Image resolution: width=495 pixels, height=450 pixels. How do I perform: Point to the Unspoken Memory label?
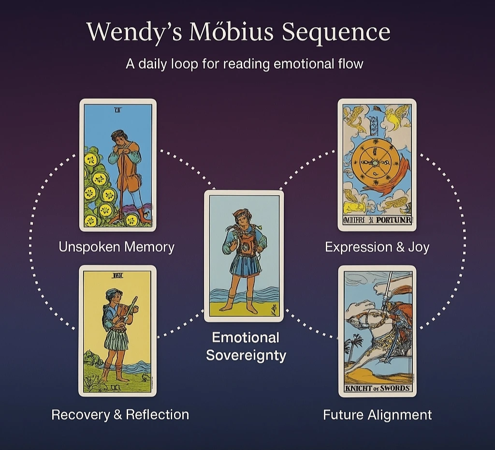click(116, 247)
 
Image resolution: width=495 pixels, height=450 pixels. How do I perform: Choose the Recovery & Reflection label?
click(120, 415)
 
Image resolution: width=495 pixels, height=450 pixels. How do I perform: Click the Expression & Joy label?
click(377, 247)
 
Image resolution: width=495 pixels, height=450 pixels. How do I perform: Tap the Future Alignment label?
click(377, 415)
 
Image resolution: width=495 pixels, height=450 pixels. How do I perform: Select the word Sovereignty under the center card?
click(246, 355)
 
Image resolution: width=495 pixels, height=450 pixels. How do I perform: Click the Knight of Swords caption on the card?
click(377, 388)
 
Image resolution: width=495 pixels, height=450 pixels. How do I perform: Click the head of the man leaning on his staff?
click(117, 137)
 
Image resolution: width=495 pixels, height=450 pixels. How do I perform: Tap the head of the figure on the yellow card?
click(110, 295)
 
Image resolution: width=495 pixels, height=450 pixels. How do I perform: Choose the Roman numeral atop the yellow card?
click(117, 276)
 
